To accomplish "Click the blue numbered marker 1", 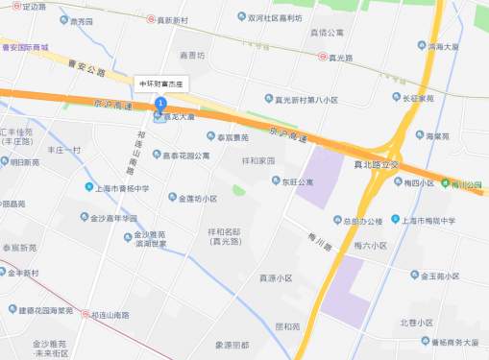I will [160, 102].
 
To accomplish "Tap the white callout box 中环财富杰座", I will [166, 84].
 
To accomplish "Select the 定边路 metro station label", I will [33, 7].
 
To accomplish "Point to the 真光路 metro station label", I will [341, 58].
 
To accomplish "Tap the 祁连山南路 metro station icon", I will [85, 314].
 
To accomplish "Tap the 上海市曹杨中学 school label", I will [122, 187].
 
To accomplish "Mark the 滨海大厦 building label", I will [447, 45].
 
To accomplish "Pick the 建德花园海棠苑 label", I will [46, 309].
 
